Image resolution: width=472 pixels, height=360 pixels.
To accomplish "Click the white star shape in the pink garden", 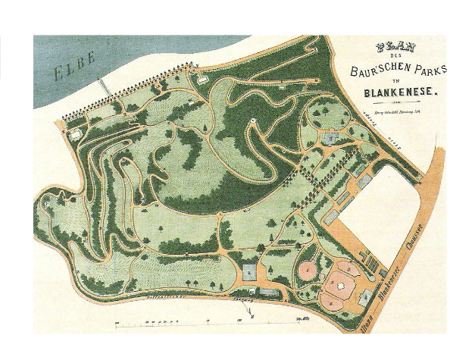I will (342, 284).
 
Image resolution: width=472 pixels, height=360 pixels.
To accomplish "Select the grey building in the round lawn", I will (330, 138).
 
